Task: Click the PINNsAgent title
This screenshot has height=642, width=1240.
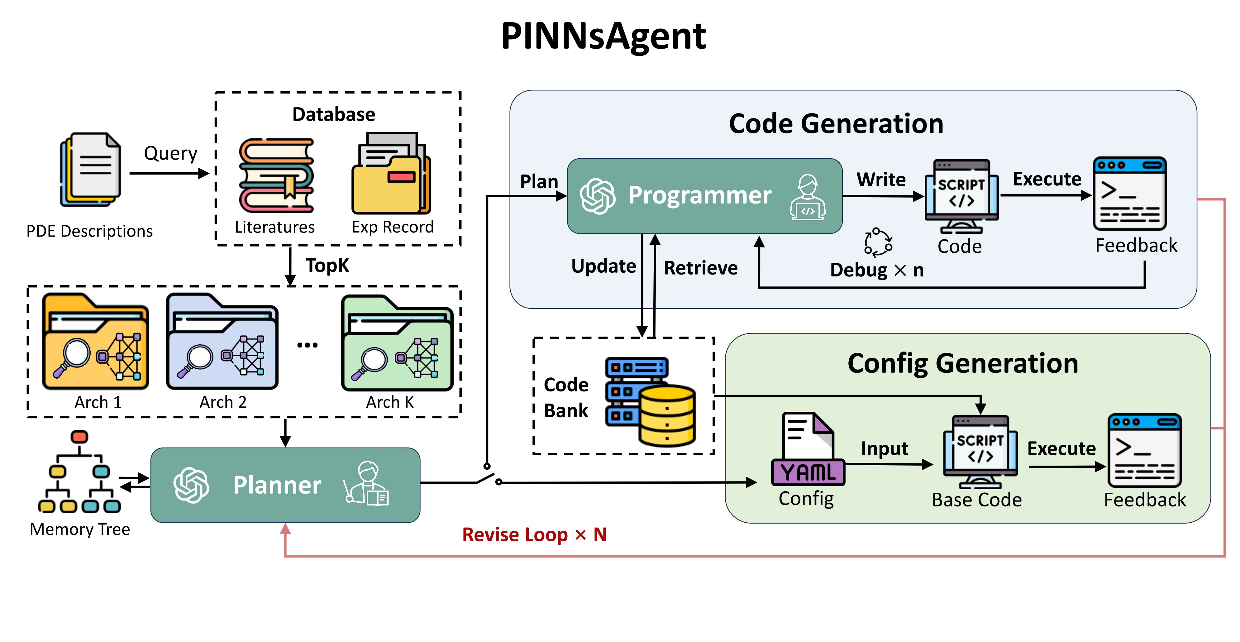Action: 603,36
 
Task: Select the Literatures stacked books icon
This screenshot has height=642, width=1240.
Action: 277,176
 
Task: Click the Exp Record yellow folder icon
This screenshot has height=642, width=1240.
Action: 391,174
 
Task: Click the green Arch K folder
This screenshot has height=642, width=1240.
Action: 397,343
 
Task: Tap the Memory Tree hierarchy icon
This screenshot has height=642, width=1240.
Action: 79,472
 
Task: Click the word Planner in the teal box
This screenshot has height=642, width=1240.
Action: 277,485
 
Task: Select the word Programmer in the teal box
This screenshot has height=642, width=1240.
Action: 699,195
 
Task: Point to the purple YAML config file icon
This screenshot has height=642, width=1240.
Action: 808,449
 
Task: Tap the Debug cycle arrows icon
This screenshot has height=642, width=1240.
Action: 878,242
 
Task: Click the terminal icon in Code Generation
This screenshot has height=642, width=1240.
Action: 1129,194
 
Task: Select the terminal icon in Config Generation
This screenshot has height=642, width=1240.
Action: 1144,450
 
